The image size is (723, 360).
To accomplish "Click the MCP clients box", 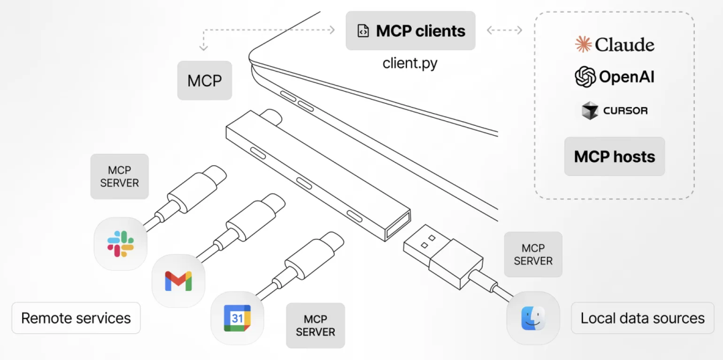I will [410, 31].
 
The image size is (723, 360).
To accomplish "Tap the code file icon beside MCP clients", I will [363, 31].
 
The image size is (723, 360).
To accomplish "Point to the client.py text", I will [410, 64].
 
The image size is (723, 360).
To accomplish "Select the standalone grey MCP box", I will [204, 81].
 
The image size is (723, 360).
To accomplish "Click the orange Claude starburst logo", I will [584, 45].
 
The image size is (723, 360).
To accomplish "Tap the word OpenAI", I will [627, 77].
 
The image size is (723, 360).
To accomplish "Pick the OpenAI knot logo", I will [585, 77].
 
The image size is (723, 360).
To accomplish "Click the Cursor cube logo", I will [589, 110].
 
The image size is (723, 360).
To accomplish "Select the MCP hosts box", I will [614, 157].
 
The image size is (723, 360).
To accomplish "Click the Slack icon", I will [120, 244].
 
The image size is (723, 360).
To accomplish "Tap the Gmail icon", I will [178, 281].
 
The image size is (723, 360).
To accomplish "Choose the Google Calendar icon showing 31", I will [237, 318].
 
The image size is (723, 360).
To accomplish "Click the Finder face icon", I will [533, 318].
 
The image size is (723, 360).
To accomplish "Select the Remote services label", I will [76, 318].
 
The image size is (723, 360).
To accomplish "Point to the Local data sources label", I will [642, 319].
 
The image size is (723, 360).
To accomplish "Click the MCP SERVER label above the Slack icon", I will [119, 177].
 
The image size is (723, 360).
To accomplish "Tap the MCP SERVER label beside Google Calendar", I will [315, 325].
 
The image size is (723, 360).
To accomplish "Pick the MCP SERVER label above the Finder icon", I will [533, 254].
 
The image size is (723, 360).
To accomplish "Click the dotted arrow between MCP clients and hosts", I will [504, 30].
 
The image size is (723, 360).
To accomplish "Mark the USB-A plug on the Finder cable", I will [438, 254].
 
